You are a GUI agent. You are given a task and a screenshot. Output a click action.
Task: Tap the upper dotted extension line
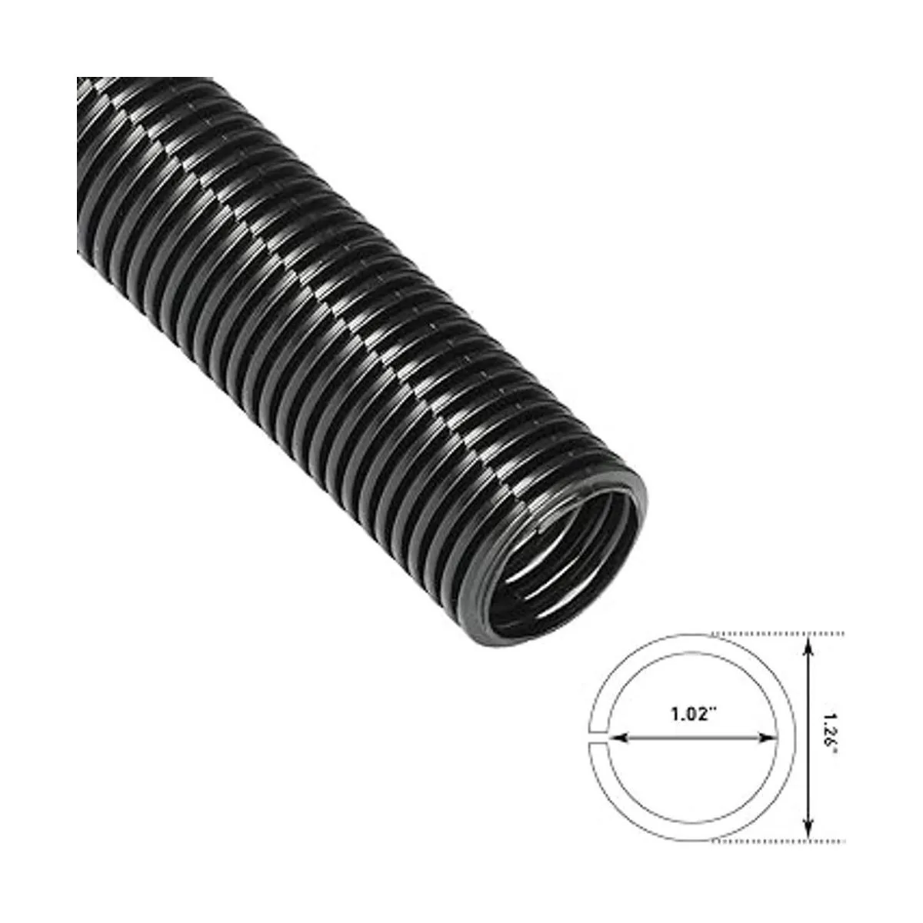coord(778,634)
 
